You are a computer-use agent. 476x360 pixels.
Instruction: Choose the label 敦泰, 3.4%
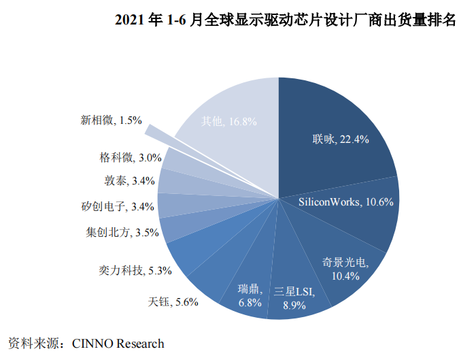[130, 181]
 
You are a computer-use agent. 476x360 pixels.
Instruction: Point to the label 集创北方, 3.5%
[119, 232]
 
